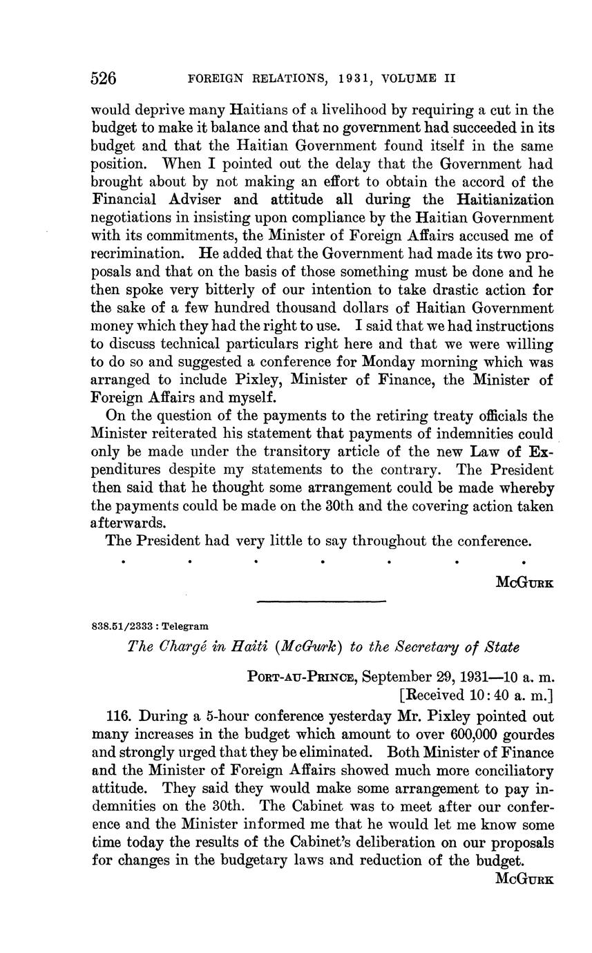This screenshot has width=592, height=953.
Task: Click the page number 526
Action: pyautogui.click(x=104, y=78)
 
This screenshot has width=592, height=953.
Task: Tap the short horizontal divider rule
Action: pyautogui.click(x=321, y=602)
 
